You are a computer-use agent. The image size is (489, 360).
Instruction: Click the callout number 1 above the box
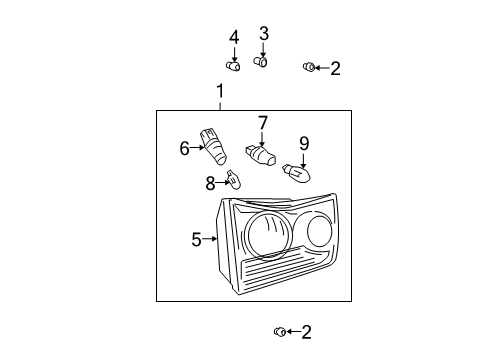(x=220, y=91)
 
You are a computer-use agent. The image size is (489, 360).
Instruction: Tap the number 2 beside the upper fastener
(x=335, y=68)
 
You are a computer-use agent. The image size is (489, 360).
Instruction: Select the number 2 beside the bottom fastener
(x=306, y=332)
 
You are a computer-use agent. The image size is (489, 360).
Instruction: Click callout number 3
(x=264, y=34)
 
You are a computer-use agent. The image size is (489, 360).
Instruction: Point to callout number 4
(x=234, y=37)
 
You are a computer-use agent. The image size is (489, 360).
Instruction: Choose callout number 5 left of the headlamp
(x=197, y=239)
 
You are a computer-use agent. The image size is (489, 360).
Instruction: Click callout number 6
(x=184, y=148)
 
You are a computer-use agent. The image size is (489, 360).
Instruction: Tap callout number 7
(x=263, y=123)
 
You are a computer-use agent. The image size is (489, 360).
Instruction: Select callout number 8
(x=210, y=183)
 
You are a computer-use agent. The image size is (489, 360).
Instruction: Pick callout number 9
(x=304, y=144)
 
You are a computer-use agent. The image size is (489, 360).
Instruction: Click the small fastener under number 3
(x=260, y=62)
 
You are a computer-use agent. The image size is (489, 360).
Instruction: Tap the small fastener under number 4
(x=233, y=66)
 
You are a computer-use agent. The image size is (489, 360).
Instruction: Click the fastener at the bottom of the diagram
(x=280, y=332)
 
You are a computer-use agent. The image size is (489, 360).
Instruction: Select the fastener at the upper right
(x=309, y=67)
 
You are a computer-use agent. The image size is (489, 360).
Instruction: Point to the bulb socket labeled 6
(x=213, y=147)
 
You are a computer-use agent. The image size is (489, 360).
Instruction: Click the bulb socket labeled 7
(x=261, y=156)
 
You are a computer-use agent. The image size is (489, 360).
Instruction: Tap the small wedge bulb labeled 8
(x=234, y=180)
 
